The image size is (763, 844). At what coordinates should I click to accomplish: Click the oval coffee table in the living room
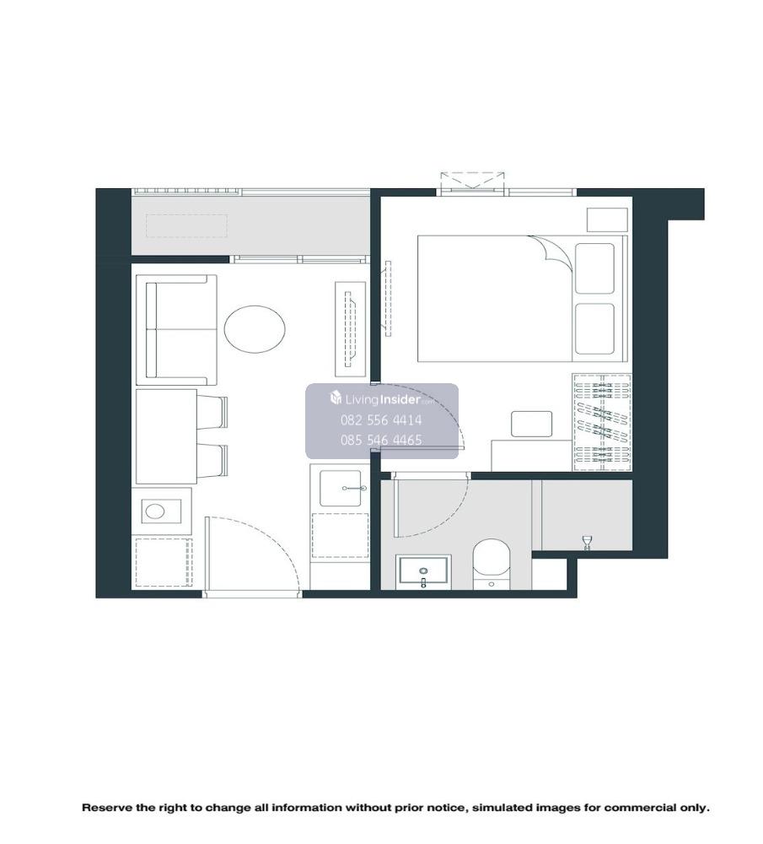[x=255, y=329]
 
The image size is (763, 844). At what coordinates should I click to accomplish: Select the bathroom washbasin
[x=423, y=571]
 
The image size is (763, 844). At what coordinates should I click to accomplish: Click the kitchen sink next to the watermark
[x=341, y=488]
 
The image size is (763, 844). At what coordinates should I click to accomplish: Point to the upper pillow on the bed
[x=594, y=268]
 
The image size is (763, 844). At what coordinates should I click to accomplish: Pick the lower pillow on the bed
[x=594, y=328]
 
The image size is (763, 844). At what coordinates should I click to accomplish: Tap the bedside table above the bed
[x=607, y=219]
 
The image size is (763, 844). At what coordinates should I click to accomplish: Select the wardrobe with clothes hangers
[x=601, y=422]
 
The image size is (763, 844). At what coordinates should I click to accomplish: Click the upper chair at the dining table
[x=212, y=413]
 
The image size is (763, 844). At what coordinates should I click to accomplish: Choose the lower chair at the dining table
[x=212, y=461]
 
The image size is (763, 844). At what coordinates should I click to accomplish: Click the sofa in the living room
[x=176, y=330]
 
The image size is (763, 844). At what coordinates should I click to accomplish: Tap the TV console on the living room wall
[x=350, y=329]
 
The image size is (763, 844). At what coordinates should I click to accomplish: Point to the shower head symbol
[x=587, y=542]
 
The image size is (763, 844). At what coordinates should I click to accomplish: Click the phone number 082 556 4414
[x=381, y=420]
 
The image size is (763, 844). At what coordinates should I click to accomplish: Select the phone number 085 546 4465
[x=381, y=441]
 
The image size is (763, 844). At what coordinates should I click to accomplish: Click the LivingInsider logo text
[x=381, y=399]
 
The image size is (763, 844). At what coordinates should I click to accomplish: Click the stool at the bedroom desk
[x=531, y=425]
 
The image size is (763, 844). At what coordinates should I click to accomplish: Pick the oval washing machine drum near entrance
[x=155, y=511]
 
